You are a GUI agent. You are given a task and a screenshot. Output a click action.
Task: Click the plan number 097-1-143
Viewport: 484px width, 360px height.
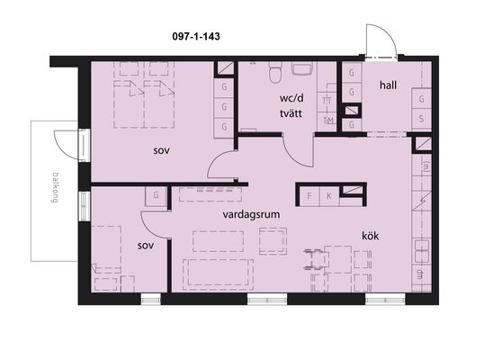pyautogui.click(x=196, y=36)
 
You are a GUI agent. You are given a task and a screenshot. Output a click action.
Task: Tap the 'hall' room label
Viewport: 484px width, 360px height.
pyautogui.click(x=388, y=85)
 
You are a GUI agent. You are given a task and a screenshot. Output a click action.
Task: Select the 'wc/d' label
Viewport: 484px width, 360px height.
pyautogui.click(x=291, y=98)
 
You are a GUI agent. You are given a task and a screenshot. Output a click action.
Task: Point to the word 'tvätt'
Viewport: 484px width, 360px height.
pyautogui.click(x=291, y=113)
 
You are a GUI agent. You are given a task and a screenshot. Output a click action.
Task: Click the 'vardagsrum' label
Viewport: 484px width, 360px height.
pyautogui.click(x=251, y=214)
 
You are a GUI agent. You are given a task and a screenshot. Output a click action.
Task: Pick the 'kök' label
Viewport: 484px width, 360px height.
pyautogui.click(x=370, y=236)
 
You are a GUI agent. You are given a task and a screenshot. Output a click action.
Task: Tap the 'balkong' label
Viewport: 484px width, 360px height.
pyautogui.click(x=55, y=188)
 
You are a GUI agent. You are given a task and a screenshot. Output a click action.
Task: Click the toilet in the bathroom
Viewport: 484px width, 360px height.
pyautogui.click(x=275, y=72)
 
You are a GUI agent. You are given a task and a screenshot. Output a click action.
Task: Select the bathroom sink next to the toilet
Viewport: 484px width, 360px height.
pyautogui.click(x=302, y=68)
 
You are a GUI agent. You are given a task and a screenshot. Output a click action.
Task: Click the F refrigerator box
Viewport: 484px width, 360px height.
pyautogui.click(x=309, y=195)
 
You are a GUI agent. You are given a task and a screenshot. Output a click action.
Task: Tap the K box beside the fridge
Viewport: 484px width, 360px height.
pyautogui.click(x=329, y=195)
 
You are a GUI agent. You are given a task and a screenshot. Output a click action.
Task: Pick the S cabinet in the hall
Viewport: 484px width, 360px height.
pyautogui.click(x=421, y=119)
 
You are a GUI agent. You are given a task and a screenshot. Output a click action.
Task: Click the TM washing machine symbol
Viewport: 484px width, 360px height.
pyautogui.click(x=327, y=121)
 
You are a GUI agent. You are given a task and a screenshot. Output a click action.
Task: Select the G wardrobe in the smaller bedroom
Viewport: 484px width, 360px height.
pyautogui.click(x=157, y=195)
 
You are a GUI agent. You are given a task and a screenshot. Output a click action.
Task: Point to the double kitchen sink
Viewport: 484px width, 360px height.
pyautogui.click(x=421, y=251)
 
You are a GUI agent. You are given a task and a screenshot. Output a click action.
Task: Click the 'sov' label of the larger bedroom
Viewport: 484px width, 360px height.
pyautogui.click(x=161, y=151)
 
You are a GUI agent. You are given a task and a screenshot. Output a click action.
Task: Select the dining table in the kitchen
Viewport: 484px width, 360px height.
pyautogui.click(x=338, y=259)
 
